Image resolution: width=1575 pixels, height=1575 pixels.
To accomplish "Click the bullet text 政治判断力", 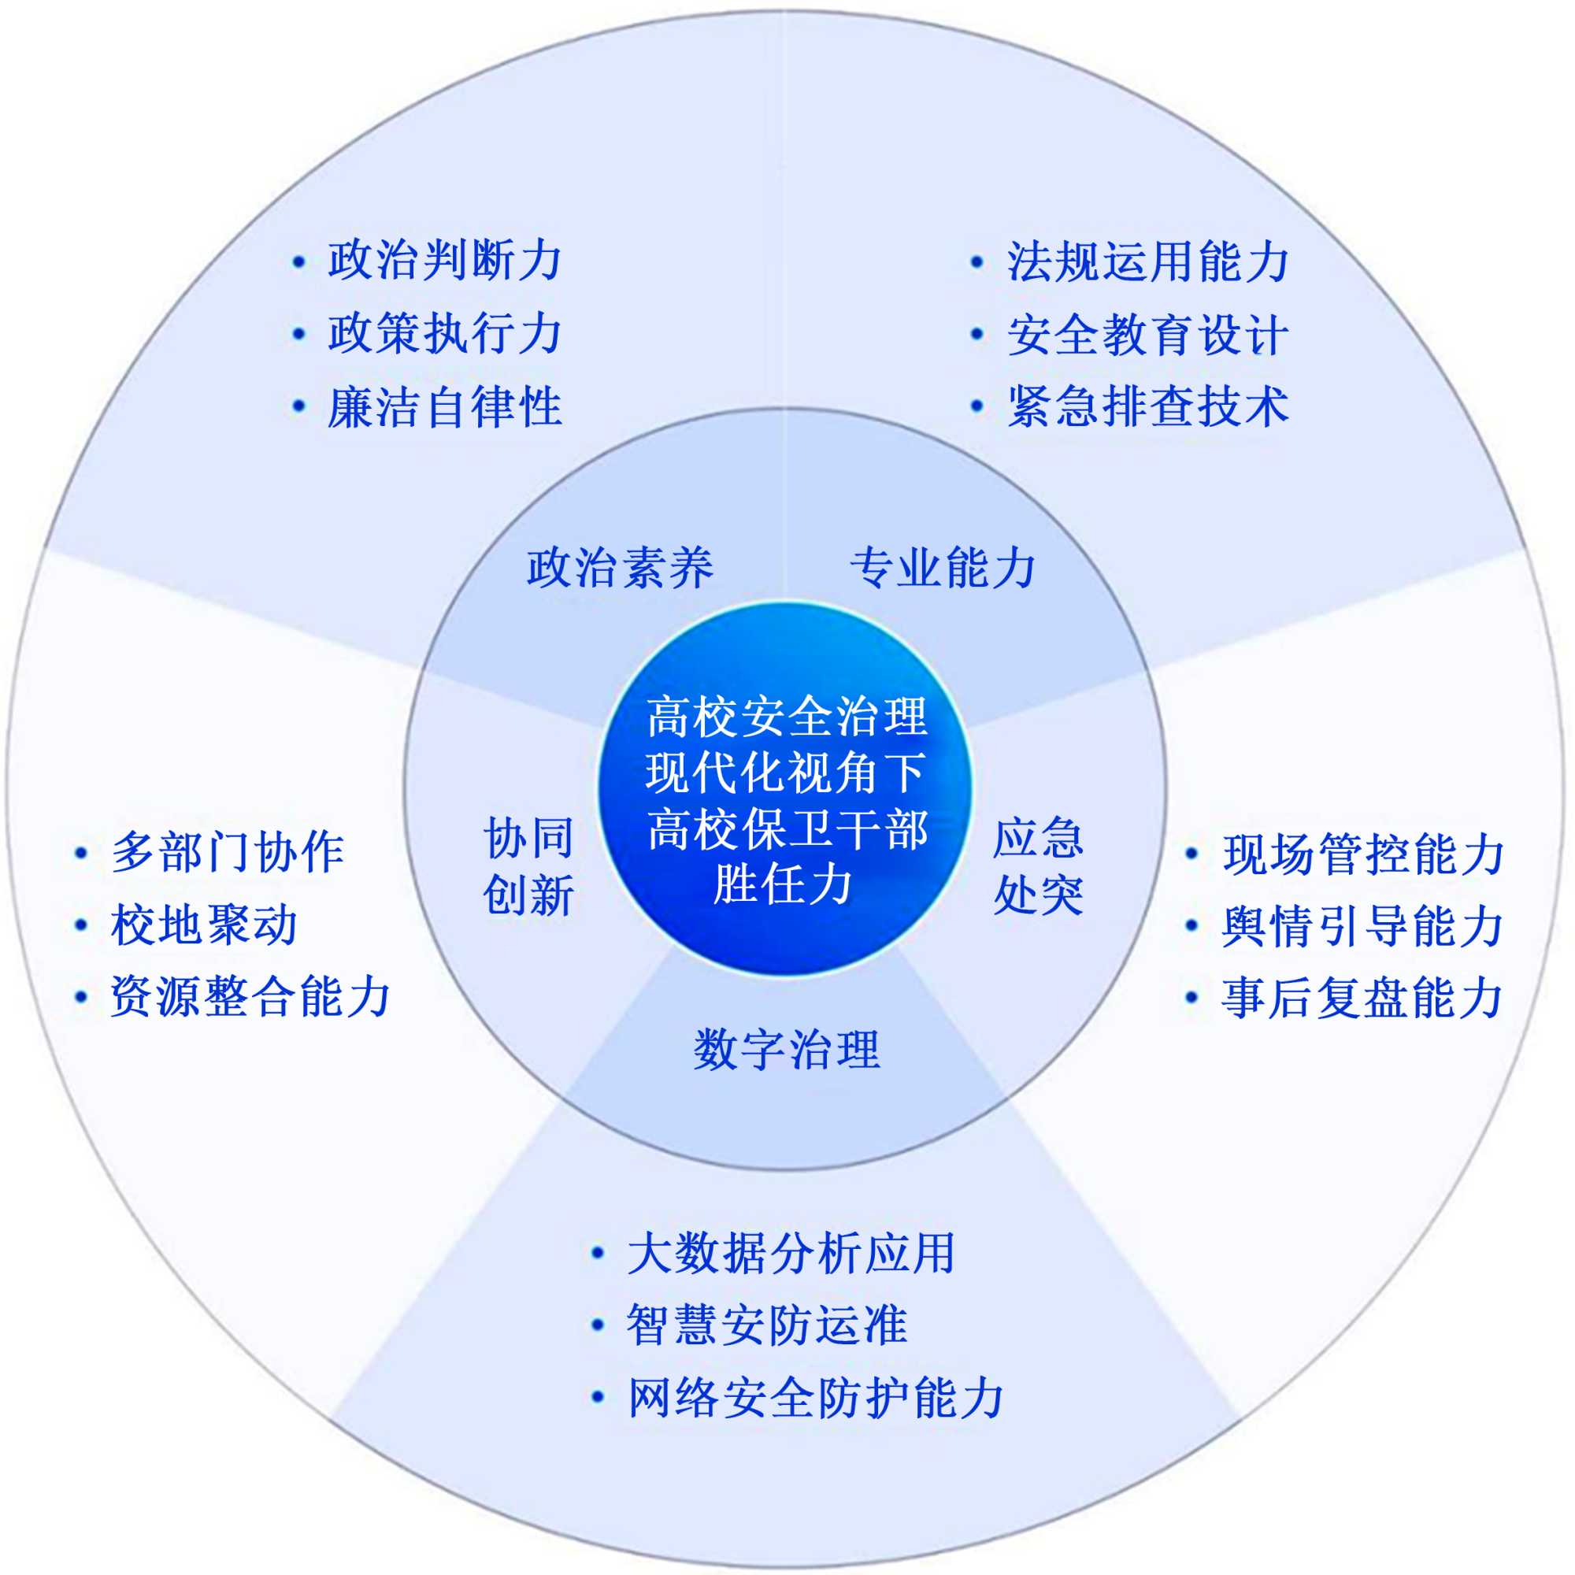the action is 444,261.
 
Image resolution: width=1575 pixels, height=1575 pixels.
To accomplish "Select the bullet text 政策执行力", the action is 444,333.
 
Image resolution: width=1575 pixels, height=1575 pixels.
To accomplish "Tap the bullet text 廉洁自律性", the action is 444,406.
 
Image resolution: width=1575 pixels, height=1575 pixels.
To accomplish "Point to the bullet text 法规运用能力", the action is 1148,261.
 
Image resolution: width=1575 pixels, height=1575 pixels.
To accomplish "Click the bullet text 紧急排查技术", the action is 1148,406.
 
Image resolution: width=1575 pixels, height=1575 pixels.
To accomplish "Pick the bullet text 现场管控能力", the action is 1362,854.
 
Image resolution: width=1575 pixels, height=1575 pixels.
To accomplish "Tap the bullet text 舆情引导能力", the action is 1362,925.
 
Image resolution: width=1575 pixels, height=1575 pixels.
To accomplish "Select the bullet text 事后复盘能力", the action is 1362,997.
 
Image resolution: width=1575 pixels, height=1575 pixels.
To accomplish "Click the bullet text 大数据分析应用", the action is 791,1253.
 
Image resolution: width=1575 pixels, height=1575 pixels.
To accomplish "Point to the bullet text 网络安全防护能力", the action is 815,1397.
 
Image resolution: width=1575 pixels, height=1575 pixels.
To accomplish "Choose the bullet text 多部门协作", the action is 228,853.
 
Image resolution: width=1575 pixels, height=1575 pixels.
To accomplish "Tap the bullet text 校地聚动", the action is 204,925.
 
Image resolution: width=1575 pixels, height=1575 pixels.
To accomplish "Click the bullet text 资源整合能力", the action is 251,996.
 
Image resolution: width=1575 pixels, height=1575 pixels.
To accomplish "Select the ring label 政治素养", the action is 620,567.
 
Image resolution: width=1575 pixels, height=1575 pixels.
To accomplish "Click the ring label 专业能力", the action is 943,567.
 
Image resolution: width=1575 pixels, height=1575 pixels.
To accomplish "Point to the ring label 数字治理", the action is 787,1050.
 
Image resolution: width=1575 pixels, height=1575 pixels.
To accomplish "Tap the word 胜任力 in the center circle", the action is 783,884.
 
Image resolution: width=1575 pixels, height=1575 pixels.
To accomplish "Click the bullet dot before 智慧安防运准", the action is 598,1325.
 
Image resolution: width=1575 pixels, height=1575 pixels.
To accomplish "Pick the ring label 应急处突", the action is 1038,865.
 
